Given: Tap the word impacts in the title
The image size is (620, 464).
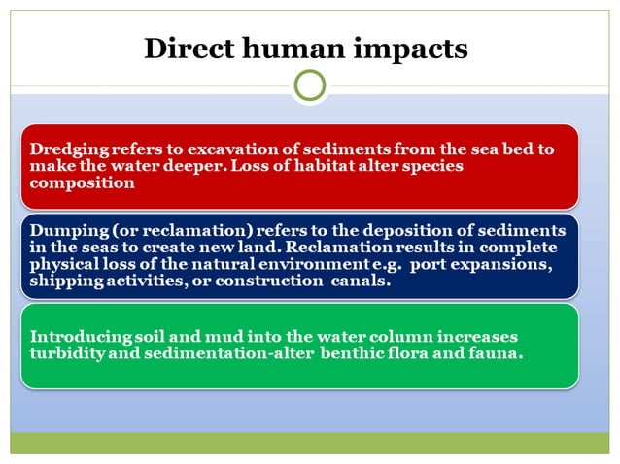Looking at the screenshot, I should click(412, 50).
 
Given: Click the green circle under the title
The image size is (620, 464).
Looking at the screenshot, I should click(309, 85).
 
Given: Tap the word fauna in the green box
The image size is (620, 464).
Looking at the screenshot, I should click(495, 353).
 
